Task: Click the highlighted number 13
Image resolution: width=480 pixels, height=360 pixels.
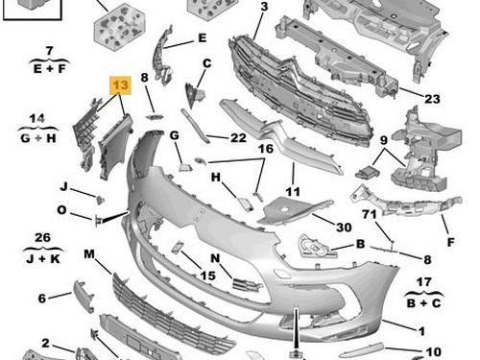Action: pos(120,85)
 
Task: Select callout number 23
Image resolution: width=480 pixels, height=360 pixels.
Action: pos(432,99)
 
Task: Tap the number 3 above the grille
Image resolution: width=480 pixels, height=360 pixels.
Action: pos(264,7)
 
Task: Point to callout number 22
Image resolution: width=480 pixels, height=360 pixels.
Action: pos(238,138)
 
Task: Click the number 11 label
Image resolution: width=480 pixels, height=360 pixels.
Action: pos(293,192)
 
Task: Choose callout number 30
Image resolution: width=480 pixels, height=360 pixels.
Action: pos(344,228)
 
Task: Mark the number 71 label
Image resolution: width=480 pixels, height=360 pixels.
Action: pos(370,214)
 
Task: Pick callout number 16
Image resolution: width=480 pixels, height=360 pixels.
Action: pos(266,149)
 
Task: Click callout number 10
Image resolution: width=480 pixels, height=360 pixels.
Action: pos(434,352)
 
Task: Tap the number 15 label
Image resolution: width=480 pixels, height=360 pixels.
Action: pos(207,276)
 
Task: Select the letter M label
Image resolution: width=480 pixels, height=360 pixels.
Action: pos(89,254)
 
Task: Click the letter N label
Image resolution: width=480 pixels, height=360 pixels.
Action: pos(215,258)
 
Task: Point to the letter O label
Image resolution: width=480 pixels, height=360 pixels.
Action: pos(61,210)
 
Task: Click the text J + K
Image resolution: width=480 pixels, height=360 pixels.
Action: pos(43,258)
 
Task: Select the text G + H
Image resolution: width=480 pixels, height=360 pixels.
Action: pos(38,138)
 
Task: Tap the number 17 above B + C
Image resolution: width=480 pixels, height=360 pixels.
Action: pos(423,282)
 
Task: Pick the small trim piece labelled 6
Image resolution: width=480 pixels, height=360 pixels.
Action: pos(84,296)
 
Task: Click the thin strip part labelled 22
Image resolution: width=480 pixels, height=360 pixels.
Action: pos(195,126)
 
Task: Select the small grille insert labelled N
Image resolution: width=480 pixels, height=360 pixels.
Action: pos(247,284)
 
